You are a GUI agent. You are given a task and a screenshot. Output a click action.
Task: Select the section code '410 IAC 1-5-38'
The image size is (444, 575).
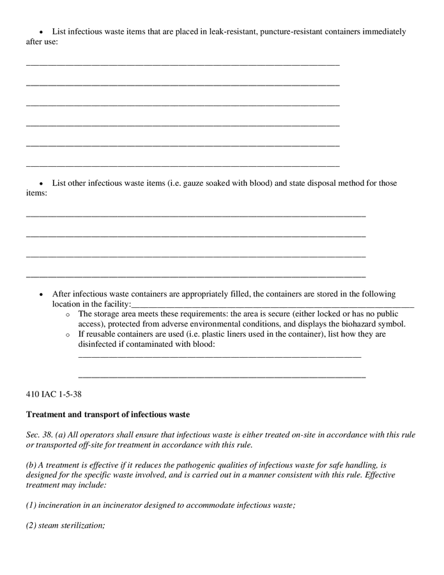click(x=54, y=394)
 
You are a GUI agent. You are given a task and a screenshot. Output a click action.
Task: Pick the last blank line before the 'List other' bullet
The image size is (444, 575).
click(x=183, y=166)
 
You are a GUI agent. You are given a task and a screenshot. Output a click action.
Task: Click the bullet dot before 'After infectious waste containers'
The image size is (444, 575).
click(x=42, y=295)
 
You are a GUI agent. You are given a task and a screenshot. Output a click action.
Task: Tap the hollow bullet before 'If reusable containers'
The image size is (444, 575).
click(x=68, y=335)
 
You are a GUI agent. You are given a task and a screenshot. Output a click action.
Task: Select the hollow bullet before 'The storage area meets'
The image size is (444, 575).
click(x=68, y=315)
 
